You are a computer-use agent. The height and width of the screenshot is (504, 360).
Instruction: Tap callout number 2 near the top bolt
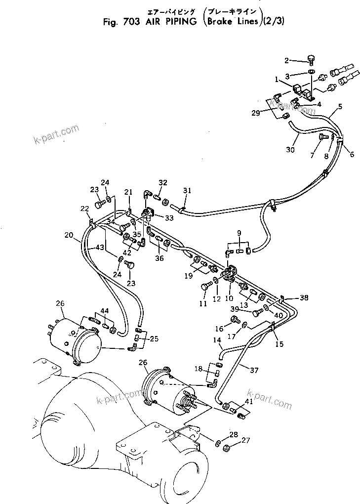286,61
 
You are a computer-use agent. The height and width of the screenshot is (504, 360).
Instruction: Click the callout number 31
186,191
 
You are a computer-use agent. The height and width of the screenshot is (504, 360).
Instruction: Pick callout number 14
216,340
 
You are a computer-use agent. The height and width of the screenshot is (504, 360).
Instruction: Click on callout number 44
104,311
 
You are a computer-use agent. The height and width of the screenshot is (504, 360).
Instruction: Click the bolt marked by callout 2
311,59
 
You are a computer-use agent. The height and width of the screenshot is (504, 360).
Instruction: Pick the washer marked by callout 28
218,441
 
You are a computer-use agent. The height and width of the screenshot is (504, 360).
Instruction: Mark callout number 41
249,402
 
